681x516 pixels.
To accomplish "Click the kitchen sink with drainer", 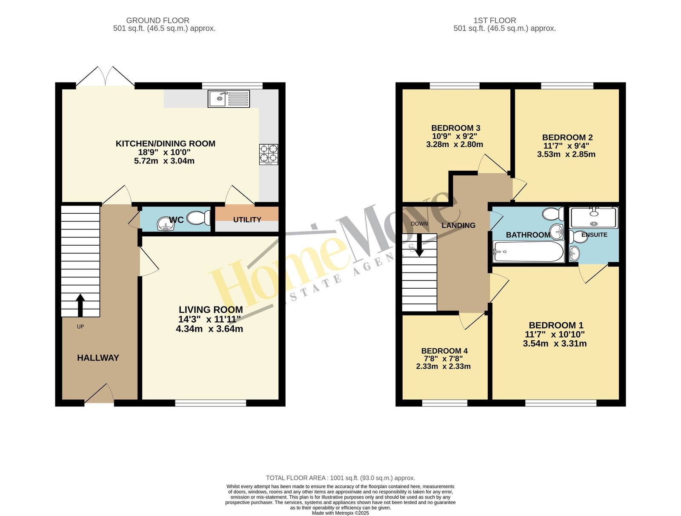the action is point(229,98).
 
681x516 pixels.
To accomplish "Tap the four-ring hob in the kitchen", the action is point(269,154).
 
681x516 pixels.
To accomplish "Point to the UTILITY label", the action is point(247,220).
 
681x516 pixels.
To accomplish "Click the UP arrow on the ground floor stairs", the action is point(80,305).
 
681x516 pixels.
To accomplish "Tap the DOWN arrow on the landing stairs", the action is point(419,245).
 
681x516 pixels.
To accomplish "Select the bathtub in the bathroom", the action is point(528,251).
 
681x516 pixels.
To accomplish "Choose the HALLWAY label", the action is point(98,358).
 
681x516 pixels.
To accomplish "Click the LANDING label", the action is point(458,225).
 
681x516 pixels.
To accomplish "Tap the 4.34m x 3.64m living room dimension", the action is point(209,329).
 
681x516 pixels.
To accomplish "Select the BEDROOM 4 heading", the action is point(444,351).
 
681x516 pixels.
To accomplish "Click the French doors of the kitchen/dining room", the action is point(106,76).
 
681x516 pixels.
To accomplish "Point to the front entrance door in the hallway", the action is point(99,393).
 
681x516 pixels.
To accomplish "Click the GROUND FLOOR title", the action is point(157,20).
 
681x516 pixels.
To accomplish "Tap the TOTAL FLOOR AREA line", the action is point(340,478).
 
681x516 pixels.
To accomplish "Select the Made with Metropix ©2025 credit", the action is point(340,513).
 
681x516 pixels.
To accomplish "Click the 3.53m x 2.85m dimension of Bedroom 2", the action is point(566,154).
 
